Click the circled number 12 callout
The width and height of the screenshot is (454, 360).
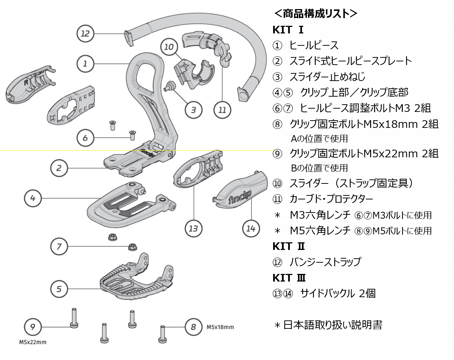(x=85, y=33)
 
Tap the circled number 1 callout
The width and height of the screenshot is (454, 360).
(x=85, y=64)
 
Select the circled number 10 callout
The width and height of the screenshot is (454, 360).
(x=169, y=47)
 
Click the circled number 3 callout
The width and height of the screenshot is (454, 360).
(x=193, y=110)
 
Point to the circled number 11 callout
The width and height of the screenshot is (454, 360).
(x=222, y=110)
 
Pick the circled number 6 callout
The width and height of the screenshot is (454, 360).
(x=85, y=138)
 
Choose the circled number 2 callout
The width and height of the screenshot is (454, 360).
(x=59, y=168)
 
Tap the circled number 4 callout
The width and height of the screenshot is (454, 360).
(x=33, y=198)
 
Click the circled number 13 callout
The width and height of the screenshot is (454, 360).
(x=193, y=228)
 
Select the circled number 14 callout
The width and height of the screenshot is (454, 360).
(x=251, y=228)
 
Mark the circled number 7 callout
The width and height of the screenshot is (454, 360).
(x=59, y=246)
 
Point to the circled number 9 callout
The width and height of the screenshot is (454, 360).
(x=33, y=327)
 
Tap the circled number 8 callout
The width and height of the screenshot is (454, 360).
(x=193, y=327)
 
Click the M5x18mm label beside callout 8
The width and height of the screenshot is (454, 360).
(x=220, y=327)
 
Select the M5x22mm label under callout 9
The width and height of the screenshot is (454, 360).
(x=33, y=342)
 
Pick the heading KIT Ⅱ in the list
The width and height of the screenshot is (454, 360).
(x=289, y=246)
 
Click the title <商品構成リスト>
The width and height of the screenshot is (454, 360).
(x=315, y=13)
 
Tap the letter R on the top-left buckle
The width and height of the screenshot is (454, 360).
(x=26, y=82)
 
